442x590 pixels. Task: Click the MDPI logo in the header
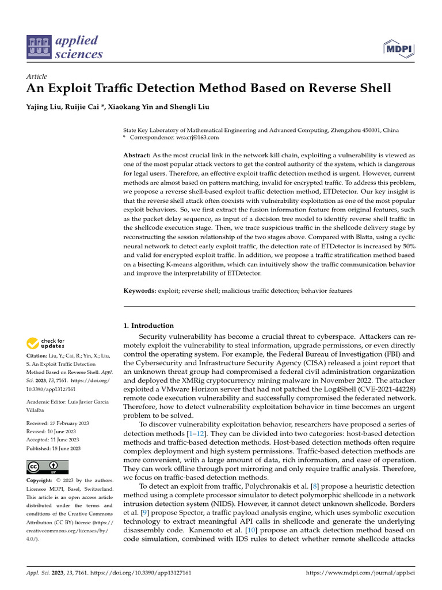[399, 48]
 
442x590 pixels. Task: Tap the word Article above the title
[37, 77]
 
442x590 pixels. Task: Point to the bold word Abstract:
[138, 156]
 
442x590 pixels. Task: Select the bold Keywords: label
[140, 291]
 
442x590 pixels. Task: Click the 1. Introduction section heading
[148, 326]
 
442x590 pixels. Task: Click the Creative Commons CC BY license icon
[47, 467]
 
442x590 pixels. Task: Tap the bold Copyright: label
[40, 480]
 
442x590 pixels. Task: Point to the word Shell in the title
[372, 89]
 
